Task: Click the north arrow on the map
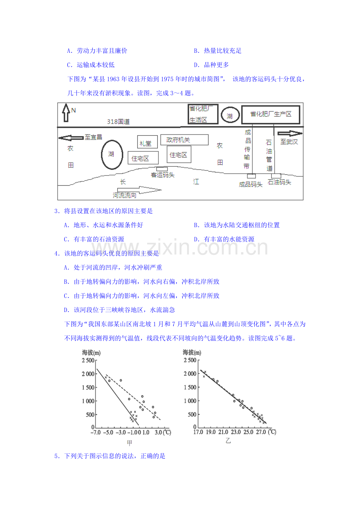point(66,113)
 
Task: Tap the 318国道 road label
point(118,122)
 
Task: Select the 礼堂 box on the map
point(148,142)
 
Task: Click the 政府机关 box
point(184,140)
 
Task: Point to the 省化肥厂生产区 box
point(271,115)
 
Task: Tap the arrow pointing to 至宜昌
point(71,138)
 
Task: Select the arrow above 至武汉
point(290,134)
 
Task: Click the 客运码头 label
point(163,175)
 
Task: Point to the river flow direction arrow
point(139,190)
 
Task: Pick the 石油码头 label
point(279,182)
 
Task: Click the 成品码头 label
point(250,184)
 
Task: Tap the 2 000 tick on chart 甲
point(88,374)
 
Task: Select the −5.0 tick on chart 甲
point(108,432)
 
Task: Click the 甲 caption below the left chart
point(130,443)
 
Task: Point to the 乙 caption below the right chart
point(228,441)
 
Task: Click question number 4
point(57,253)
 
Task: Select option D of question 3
point(224,239)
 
